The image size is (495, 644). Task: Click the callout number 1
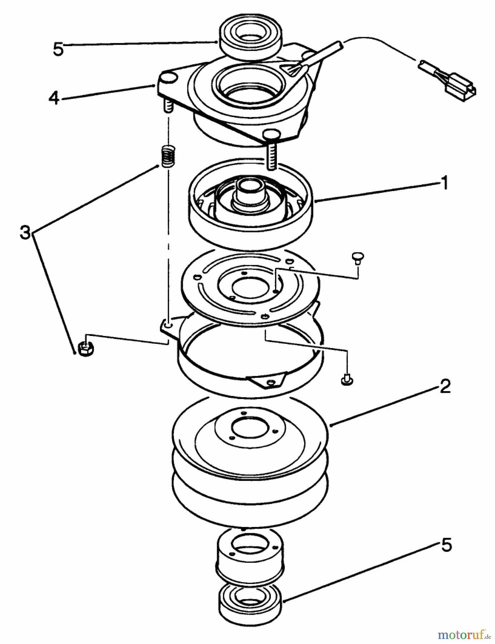(443, 184)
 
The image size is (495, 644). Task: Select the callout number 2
(445, 387)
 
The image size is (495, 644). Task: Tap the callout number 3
(25, 233)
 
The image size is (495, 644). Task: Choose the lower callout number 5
(446, 545)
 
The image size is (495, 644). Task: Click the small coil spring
(166, 156)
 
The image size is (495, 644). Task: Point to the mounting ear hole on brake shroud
(168, 325)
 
